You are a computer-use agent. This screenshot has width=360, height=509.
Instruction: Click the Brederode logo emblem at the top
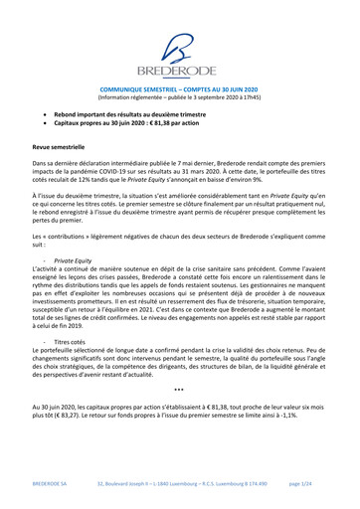(x=179, y=45)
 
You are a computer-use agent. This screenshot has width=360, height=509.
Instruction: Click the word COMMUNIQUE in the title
(x=129, y=87)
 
